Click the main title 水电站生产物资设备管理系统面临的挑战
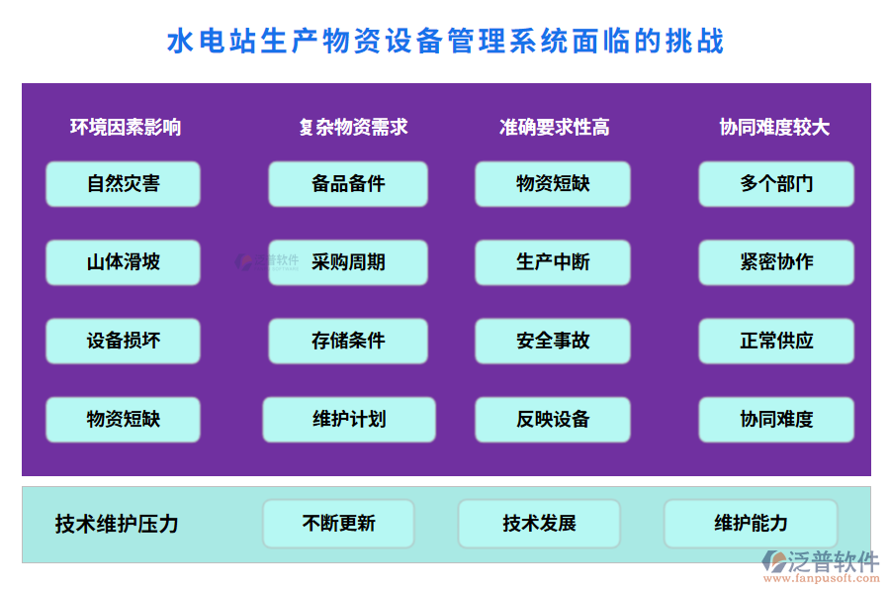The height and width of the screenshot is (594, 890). coord(445,42)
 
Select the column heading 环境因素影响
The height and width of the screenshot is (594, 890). coord(126,127)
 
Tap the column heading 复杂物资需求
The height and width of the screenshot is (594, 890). coord(353,127)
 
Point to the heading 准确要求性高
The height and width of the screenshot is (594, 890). coord(554,127)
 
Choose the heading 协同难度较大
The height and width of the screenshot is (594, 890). coord(774,127)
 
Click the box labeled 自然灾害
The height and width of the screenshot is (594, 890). coord(123,184)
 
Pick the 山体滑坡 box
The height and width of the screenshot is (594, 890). coord(123,262)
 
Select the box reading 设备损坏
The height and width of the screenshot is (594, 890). coord(123,341)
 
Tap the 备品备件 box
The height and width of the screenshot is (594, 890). coord(348,184)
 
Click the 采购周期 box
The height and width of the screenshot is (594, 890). coord(348,262)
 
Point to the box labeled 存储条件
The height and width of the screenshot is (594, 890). coord(348,341)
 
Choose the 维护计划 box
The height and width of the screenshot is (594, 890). coord(349,419)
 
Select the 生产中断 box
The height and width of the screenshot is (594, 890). coord(553,262)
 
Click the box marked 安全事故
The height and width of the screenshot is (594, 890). coord(553,341)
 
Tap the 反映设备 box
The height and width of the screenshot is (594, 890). coord(553,419)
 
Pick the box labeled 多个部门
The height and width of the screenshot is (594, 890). coord(776,184)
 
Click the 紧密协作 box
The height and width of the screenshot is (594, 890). coord(776,262)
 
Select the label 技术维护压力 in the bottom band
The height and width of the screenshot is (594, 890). coord(117,524)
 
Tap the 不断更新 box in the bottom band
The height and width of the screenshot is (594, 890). coord(338,524)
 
